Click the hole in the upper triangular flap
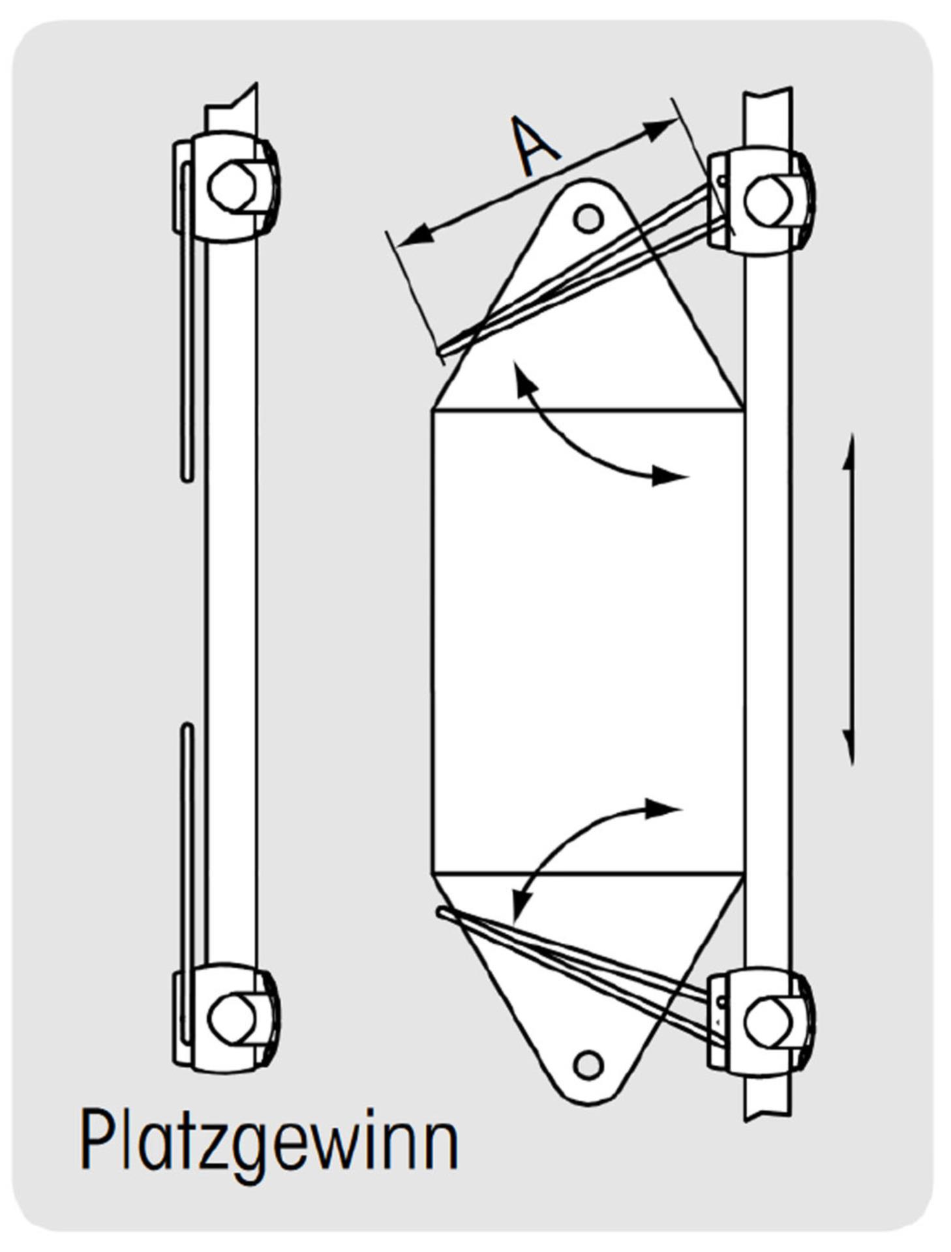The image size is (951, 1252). (x=588, y=218)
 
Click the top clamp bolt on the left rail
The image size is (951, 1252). (x=231, y=186)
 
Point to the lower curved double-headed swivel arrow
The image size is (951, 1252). (x=581, y=841)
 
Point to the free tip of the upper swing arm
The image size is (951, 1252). (x=441, y=352)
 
